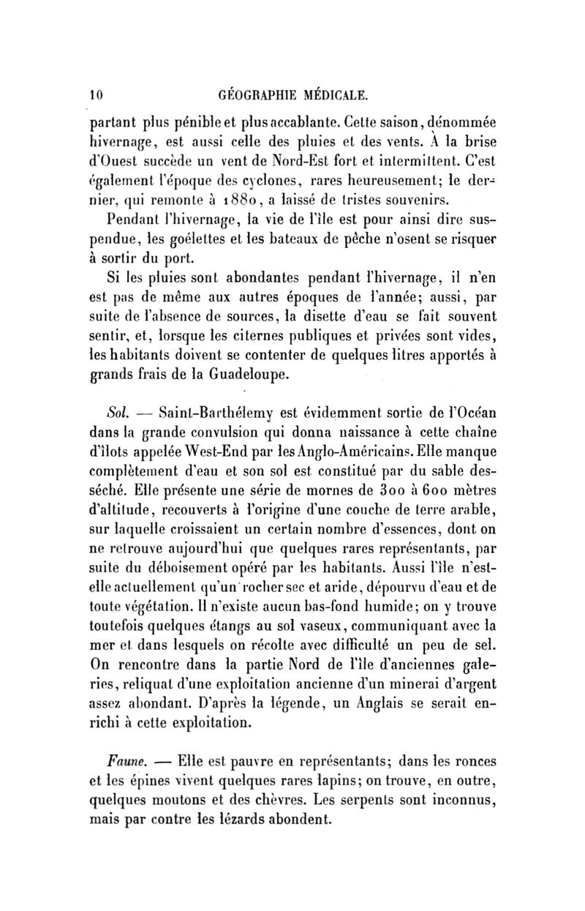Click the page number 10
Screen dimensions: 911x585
coord(95,94)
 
